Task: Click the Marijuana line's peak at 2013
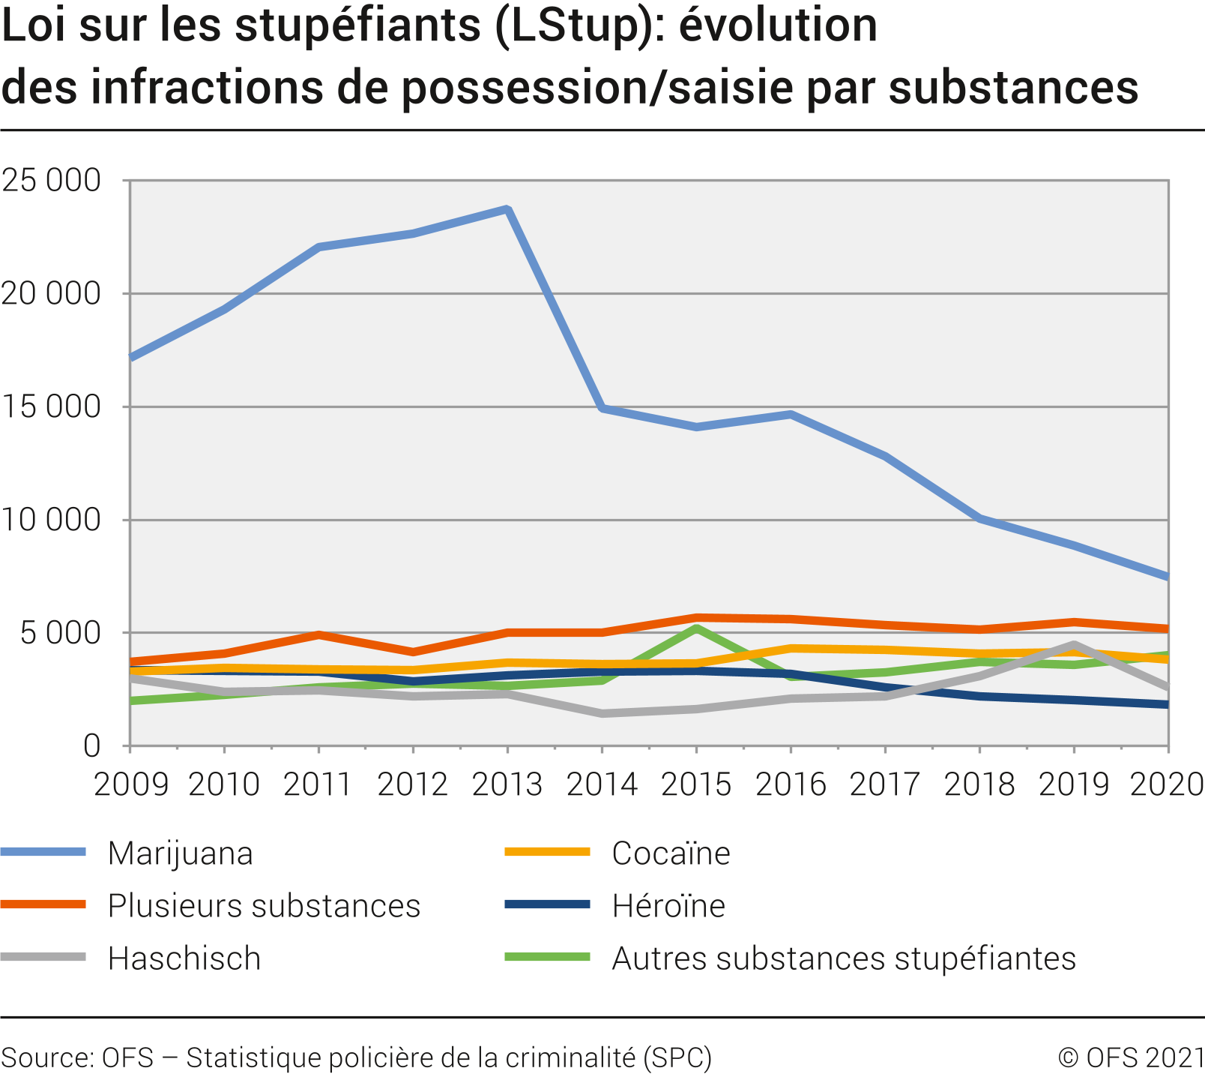pos(507,209)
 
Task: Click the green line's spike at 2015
pos(696,628)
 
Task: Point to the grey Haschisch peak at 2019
pos(1074,644)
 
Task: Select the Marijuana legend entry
pos(180,853)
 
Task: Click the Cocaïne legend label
pos(671,853)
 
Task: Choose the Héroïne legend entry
pos(668,906)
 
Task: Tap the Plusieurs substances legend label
pos(264,906)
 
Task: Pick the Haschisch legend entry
pos(184,958)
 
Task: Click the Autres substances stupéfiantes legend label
pos(844,958)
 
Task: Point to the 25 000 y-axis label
pos(51,181)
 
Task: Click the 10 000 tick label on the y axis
pos(51,520)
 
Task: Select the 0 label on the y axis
pos(91,746)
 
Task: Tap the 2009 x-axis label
pos(130,784)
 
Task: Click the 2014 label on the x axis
pos(602,784)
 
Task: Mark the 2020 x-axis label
pos(1166,784)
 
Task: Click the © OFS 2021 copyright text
pos(1130,1057)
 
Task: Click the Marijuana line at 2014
pos(602,408)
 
